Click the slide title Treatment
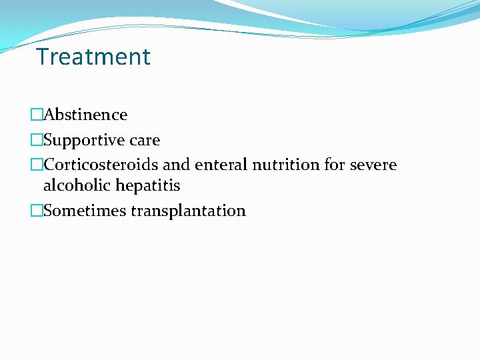click(93, 57)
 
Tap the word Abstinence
click(85, 115)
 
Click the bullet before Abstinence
click(36, 115)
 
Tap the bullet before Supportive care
click(36, 141)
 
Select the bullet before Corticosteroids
click(36, 165)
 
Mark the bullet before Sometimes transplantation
click(36, 211)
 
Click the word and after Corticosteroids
click(176, 164)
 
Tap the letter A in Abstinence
click(49, 115)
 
